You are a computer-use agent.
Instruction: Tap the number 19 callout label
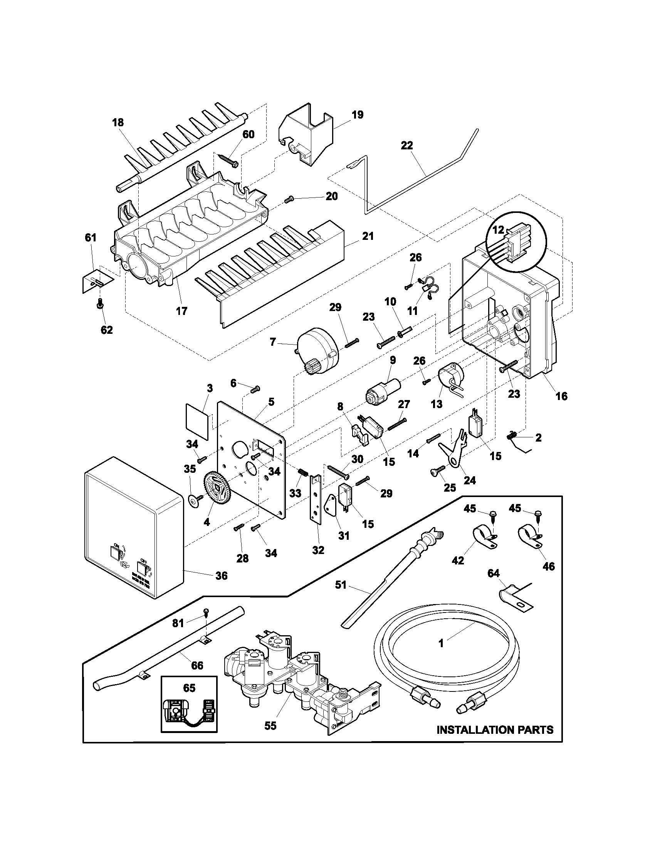[x=358, y=115]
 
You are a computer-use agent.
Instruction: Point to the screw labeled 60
[x=229, y=160]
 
